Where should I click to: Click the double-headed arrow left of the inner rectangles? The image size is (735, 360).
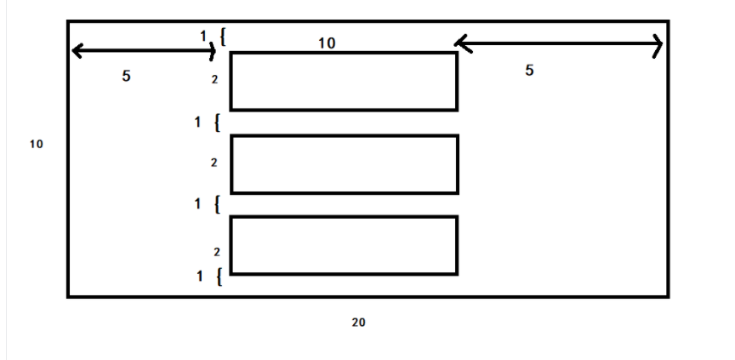pos(143,51)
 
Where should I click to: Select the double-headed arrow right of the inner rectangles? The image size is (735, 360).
pos(558,43)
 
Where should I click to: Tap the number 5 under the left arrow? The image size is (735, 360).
pos(126,76)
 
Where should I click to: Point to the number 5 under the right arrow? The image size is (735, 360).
pos(529,71)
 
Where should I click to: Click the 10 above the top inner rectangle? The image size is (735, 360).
pos(327,43)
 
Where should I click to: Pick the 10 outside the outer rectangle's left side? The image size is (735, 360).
pos(36,144)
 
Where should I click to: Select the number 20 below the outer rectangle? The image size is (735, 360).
pos(358,322)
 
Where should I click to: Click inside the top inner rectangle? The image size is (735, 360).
pos(344,81)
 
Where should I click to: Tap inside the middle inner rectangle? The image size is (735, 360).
pos(344,163)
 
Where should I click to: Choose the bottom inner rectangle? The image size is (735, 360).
pos(344,245)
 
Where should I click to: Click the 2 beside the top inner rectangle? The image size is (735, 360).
pos(216,80)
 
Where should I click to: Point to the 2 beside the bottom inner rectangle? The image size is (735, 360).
pos(216,252)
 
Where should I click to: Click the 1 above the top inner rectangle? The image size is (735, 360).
pos(203,36)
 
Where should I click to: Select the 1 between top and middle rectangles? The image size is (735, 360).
pos(197,123)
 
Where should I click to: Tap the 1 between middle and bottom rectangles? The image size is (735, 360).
pos(197,204)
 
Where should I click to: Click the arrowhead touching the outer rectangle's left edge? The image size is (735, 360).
pos(77,51)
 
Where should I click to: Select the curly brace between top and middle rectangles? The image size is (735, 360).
pos(217,123)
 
